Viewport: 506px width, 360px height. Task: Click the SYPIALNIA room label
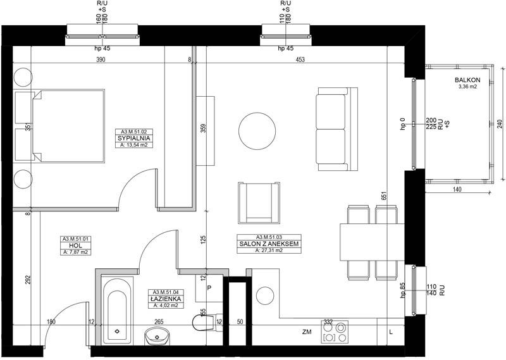click(x=134, y=139)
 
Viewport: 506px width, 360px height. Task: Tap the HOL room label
click(x=75, y=245)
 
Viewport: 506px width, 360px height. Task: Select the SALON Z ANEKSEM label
click(x=269, y=244)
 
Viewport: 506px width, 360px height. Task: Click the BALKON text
click(x=467, y=80)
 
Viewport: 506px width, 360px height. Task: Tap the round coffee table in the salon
click(x=257, y=131)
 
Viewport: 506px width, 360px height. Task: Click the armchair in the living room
click(x=259, y=202)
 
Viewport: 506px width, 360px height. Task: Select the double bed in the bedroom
click(x=69, y=126)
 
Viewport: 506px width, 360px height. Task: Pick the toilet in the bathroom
click(x=207, y=322)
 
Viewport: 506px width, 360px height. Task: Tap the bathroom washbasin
click(x=157, y=337)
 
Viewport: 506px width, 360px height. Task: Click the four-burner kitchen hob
click(x=335, y=332)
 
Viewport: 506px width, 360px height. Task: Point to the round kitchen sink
click(x=265, y=295)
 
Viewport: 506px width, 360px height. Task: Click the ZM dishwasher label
click(x=307, y=332)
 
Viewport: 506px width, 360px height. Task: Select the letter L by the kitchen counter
click(x=391, y=332)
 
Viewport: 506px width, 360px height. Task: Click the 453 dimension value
click(x=300, y=59)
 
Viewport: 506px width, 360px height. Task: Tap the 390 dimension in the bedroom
click(x=101, y=59)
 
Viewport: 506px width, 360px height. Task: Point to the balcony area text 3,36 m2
click(x=467, y=87)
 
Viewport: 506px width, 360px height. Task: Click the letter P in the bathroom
click(x=209, y=288)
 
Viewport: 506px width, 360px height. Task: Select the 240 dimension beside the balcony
click(x=500, y=124)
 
